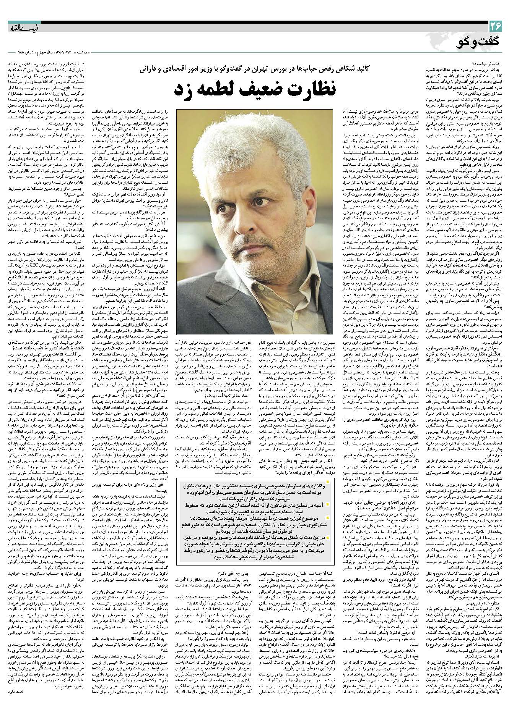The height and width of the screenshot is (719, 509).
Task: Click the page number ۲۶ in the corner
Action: click(x=496, y=27)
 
